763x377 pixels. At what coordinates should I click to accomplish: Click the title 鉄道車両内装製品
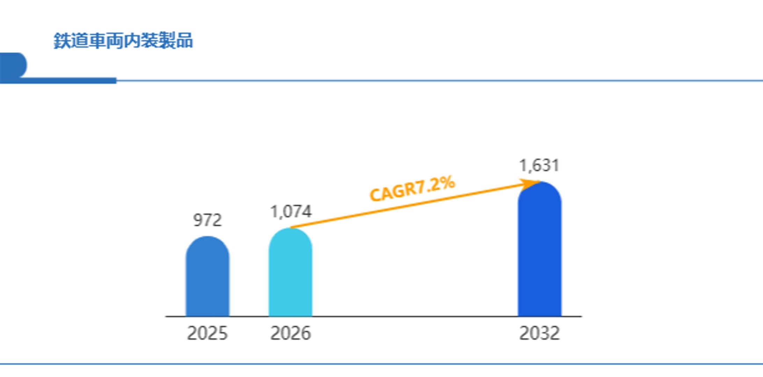point(123,41)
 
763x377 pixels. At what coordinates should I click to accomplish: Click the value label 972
point(208,220)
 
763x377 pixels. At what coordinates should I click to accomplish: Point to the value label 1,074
point(291,212)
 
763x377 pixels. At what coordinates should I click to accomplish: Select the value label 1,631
point(539,165)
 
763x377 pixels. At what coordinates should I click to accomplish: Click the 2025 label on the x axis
point(207,333)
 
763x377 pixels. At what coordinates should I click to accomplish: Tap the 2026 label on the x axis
point(290,333)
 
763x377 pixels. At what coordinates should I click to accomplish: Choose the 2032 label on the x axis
point(539,333)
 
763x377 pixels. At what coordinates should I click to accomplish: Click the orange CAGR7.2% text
point(412,189)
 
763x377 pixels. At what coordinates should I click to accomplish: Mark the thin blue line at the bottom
point(381,364)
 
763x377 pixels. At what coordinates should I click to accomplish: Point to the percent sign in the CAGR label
point(447,182)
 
